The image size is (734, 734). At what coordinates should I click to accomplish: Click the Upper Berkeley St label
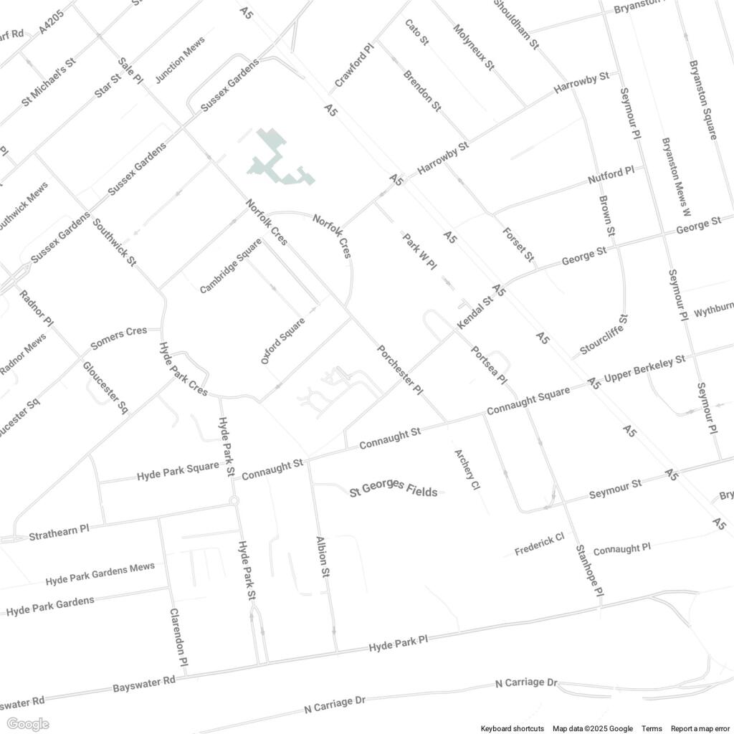click(x=645, y=368)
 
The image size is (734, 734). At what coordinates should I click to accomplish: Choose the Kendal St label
click(x=475, y=313)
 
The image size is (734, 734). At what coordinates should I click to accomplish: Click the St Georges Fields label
click(x=393, y=491)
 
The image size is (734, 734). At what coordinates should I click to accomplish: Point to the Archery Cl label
click(x=466, y=470)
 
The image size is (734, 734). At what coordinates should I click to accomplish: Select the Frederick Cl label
click(x=540, y=544)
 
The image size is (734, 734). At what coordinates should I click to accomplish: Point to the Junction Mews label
click(x=180, y=60)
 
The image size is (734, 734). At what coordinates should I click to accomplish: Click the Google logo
click(x=27, y=724)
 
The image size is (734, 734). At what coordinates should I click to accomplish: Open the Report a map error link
click(x=700, y=728)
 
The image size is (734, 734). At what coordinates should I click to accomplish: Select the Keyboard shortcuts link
click(x=512, y=728)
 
